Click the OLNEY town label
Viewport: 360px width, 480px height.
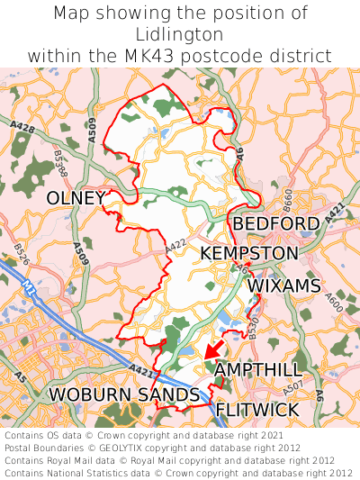click(x=76, y=197)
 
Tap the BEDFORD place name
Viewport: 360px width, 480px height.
click(x=275, y=223)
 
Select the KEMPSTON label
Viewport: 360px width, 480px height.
click(x=248, y=253)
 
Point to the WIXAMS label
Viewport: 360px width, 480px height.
click(x=283, y=285)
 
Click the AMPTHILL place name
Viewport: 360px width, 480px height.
click(x=258, y=370)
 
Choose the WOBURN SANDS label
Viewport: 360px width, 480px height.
click(x=123, y=394)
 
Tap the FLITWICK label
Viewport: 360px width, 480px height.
click(x=256, y=410)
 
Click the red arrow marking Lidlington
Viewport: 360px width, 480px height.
click(x=213, y=349)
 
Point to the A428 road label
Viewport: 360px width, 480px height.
click(x=24, y=131)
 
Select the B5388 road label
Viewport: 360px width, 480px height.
click(x=60, y=165)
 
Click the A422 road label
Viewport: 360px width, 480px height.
click(x=175, y=243)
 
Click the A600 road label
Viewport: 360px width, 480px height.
click(x=332, y=302)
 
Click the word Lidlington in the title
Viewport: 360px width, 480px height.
click(x=179, y=34)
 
